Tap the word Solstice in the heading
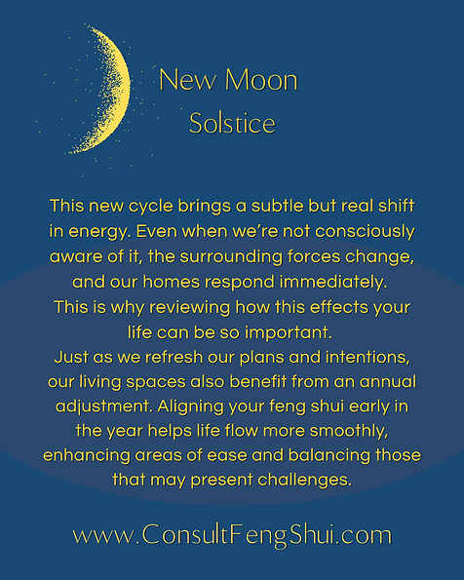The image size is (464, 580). pos(232,124)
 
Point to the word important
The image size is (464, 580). pos(265,331)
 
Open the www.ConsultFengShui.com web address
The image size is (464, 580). pos(232,534)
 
